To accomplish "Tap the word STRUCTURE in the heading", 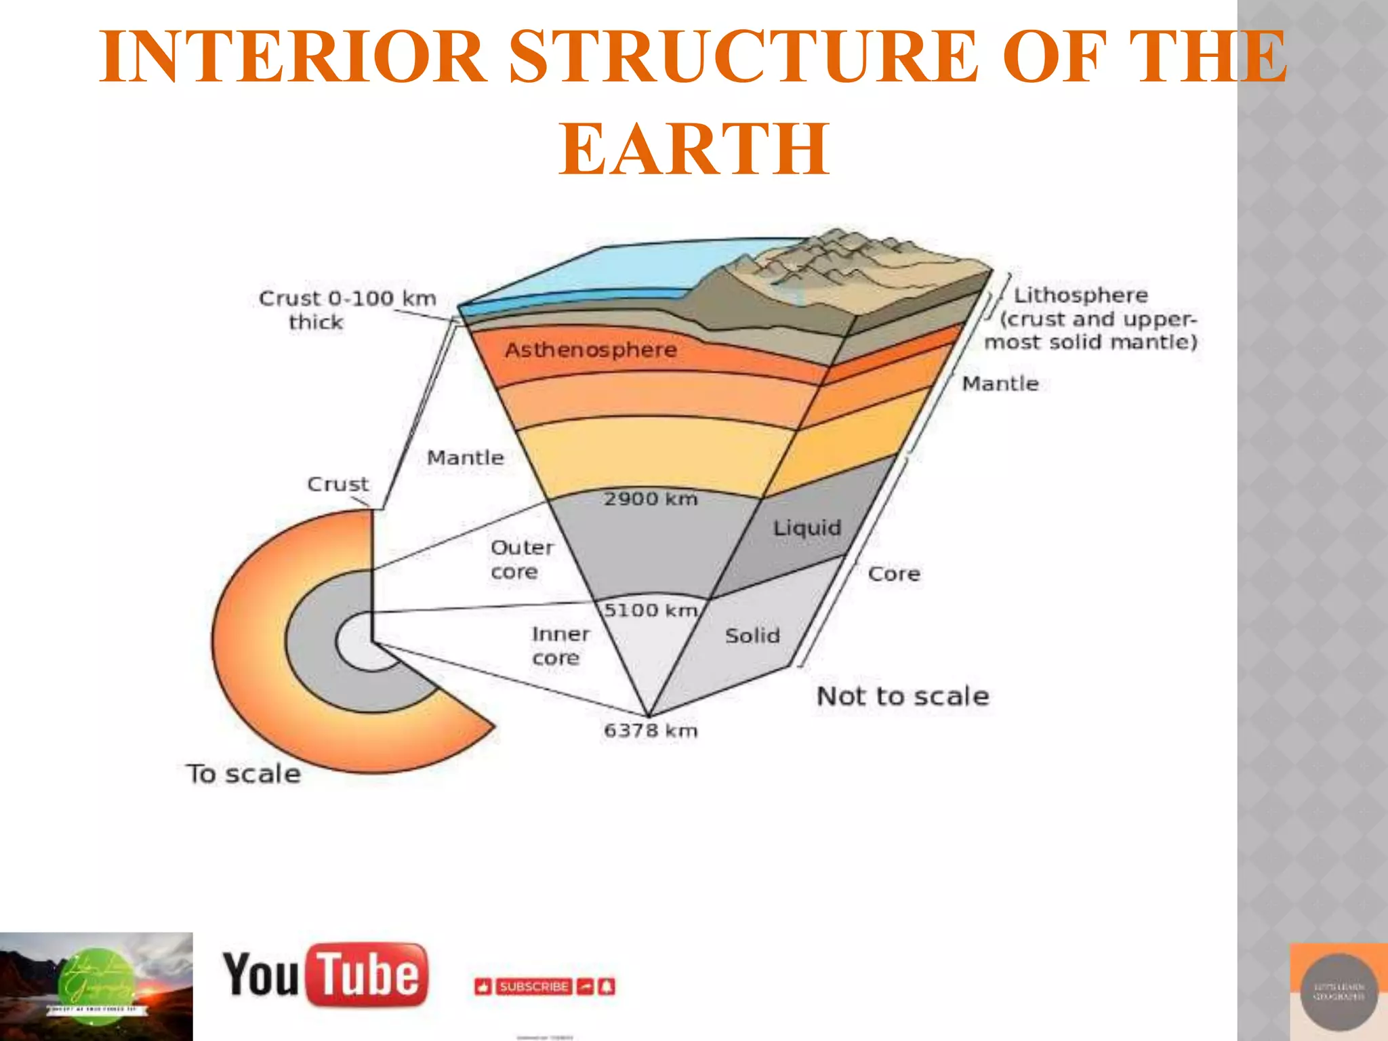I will coord(743,57).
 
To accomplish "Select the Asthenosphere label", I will coord(590,350).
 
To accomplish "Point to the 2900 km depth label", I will coord(651,499).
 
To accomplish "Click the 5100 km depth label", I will coord(651,610).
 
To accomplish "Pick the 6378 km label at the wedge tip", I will coord(651,731).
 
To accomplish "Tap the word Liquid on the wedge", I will coord(807,528).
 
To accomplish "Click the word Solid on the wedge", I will coord(752,636).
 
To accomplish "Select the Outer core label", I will coord(521,559).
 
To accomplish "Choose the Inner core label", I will coord(560,645).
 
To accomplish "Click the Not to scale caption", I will coord(903,696).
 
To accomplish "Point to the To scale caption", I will coord(243,774).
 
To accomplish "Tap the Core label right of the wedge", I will coord(894,574).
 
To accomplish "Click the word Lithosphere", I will coord(1080,295).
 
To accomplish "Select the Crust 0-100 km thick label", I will coord(347,309).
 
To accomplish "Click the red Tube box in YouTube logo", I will coord(368,975).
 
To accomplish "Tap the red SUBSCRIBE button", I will coord(533,987).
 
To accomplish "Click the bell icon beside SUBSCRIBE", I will coord(607,987).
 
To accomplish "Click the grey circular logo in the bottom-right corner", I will coord(1339,992).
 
